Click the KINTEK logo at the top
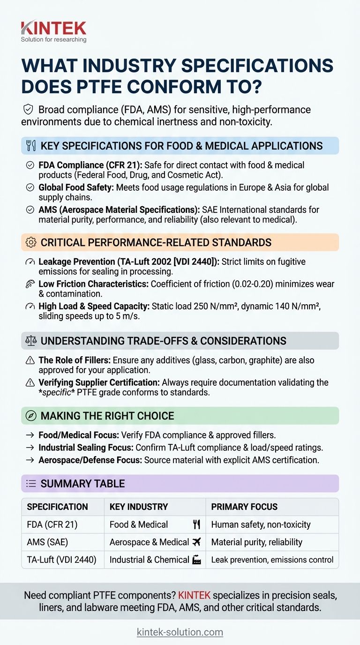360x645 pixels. click(53, 30)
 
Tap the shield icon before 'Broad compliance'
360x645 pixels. click(28, 110)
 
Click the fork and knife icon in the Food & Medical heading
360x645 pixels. click(30, 146)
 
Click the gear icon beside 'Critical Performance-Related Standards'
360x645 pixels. click(31, 242)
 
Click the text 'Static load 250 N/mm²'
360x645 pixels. click(194, 306)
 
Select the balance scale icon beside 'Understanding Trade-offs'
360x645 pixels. click(30, 341)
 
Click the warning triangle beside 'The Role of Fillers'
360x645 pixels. click(30, 360)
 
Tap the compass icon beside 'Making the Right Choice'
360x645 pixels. click(30, 416)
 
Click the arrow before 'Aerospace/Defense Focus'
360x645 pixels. click(30, 460)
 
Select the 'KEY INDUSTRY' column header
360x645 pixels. click(138, 507)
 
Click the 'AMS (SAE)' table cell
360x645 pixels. click(47, 542)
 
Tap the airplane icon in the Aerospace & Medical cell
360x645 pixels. click(196, 542)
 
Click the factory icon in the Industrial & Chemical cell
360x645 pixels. click(197, 559)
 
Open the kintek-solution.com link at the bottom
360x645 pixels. click(180, 632)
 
